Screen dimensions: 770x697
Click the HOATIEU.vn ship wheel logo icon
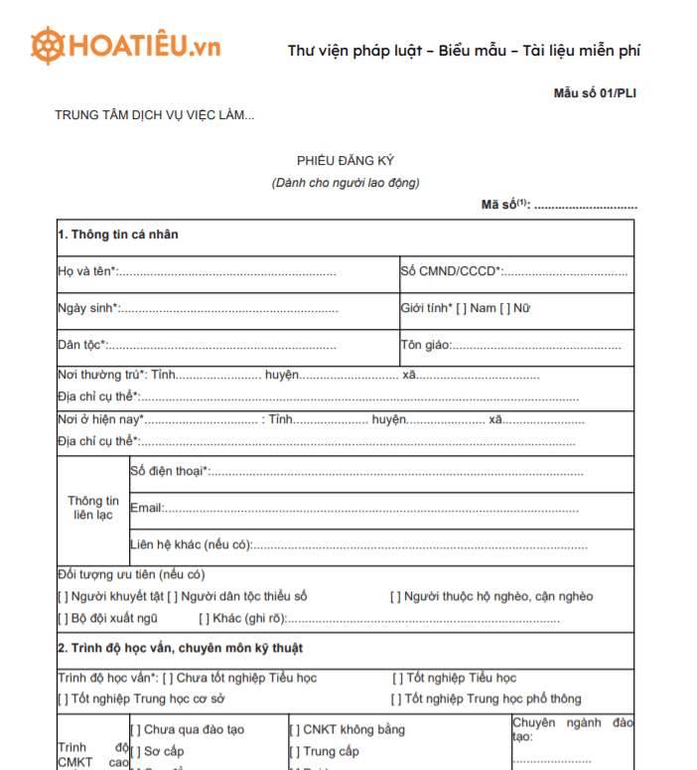click(x=48, y=46)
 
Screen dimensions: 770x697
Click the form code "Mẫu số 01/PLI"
click(x=595, y=93)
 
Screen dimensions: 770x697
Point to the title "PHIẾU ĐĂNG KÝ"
click(x=346, y=161)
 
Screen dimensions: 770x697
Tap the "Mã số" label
click(x=500, y=206)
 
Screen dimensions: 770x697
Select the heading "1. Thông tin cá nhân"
click(x=118, y=234)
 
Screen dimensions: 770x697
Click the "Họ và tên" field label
click(x=85, y=271)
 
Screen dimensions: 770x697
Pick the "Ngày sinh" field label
click(x=86, y=308)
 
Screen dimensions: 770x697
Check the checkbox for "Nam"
click(x=462, y=308)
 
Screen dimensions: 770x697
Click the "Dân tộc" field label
click(x=80, y=346)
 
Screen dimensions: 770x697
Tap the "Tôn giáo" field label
click(x=425, y=346)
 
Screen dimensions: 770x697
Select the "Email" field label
click(x=146, y=508)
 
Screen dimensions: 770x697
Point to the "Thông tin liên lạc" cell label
click(x=92, y=508)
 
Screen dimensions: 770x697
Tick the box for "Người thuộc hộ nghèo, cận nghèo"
click(x=395, y=597)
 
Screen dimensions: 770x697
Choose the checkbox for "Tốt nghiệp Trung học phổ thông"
click(x=398, y=699)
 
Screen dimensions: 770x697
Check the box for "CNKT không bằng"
click(x=295, y=730)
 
